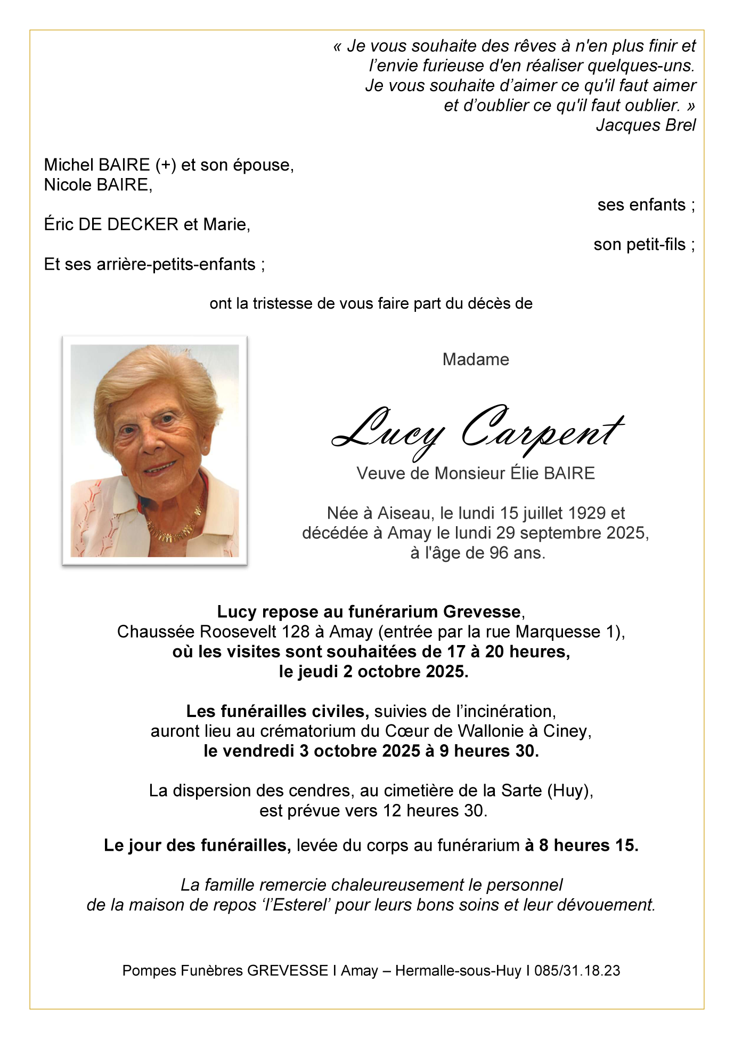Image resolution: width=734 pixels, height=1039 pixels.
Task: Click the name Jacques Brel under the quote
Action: (x=646, y=125)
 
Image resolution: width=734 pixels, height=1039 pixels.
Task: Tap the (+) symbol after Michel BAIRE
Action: (x=166, y=165)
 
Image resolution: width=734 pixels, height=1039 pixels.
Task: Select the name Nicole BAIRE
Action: (x=97, y=185)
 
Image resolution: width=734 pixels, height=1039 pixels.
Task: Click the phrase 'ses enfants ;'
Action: (x=646, y=205)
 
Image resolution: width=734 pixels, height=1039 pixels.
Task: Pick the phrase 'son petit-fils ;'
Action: (x=643, y=245)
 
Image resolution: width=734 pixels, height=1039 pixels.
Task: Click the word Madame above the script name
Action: (x=476, y=360)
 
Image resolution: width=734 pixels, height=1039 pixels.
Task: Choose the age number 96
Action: (x=499, y=553)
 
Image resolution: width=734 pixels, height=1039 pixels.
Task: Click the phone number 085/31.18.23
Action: (x=577, y=971)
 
